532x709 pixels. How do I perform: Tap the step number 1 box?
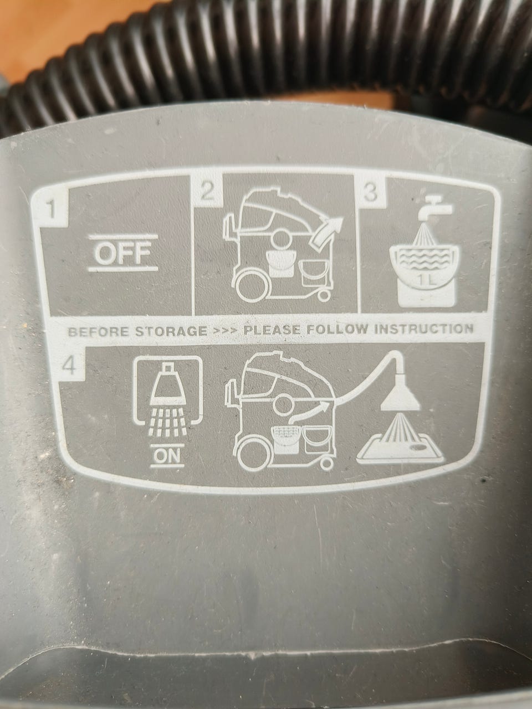click(50, 209)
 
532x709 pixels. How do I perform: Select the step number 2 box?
click(207, 192)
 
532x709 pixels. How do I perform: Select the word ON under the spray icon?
click(167, 455)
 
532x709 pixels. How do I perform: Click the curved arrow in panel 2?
click(326, 232)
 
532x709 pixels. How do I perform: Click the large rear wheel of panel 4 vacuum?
click(251, 455)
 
